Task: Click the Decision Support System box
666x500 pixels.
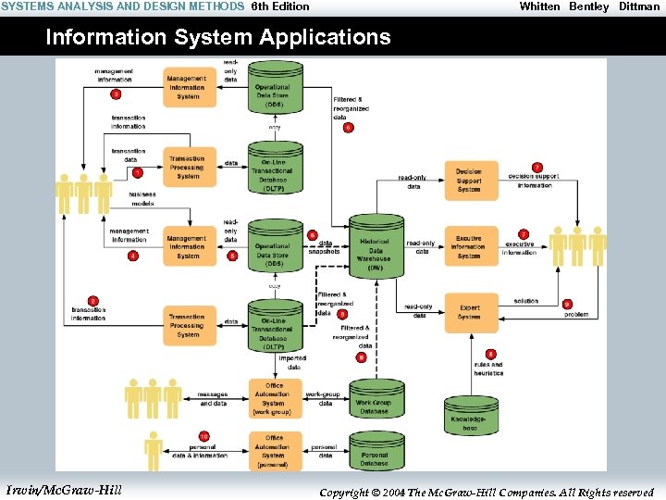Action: [x=470, y=180]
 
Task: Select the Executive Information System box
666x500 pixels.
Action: [x=470, y=246]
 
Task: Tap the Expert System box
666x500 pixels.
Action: [x=470, y=312]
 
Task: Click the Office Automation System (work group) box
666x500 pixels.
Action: [x=274, y=399]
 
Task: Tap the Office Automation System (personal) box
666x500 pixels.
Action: [x=274, y=451]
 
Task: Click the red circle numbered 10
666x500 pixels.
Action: [x=203, y=436]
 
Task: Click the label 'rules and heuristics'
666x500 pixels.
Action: [x=489, y=369]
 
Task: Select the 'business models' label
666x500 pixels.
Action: [x=142, y=198]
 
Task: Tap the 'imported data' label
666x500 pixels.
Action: [x=293, y=362]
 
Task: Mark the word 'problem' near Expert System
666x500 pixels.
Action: [x=576, y=315]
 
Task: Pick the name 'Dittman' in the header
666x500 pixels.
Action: [x=639, y=6]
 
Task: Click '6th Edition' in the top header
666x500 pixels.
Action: [x=281, y=6]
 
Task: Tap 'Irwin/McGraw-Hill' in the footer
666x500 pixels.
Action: [x=63, y=490]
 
